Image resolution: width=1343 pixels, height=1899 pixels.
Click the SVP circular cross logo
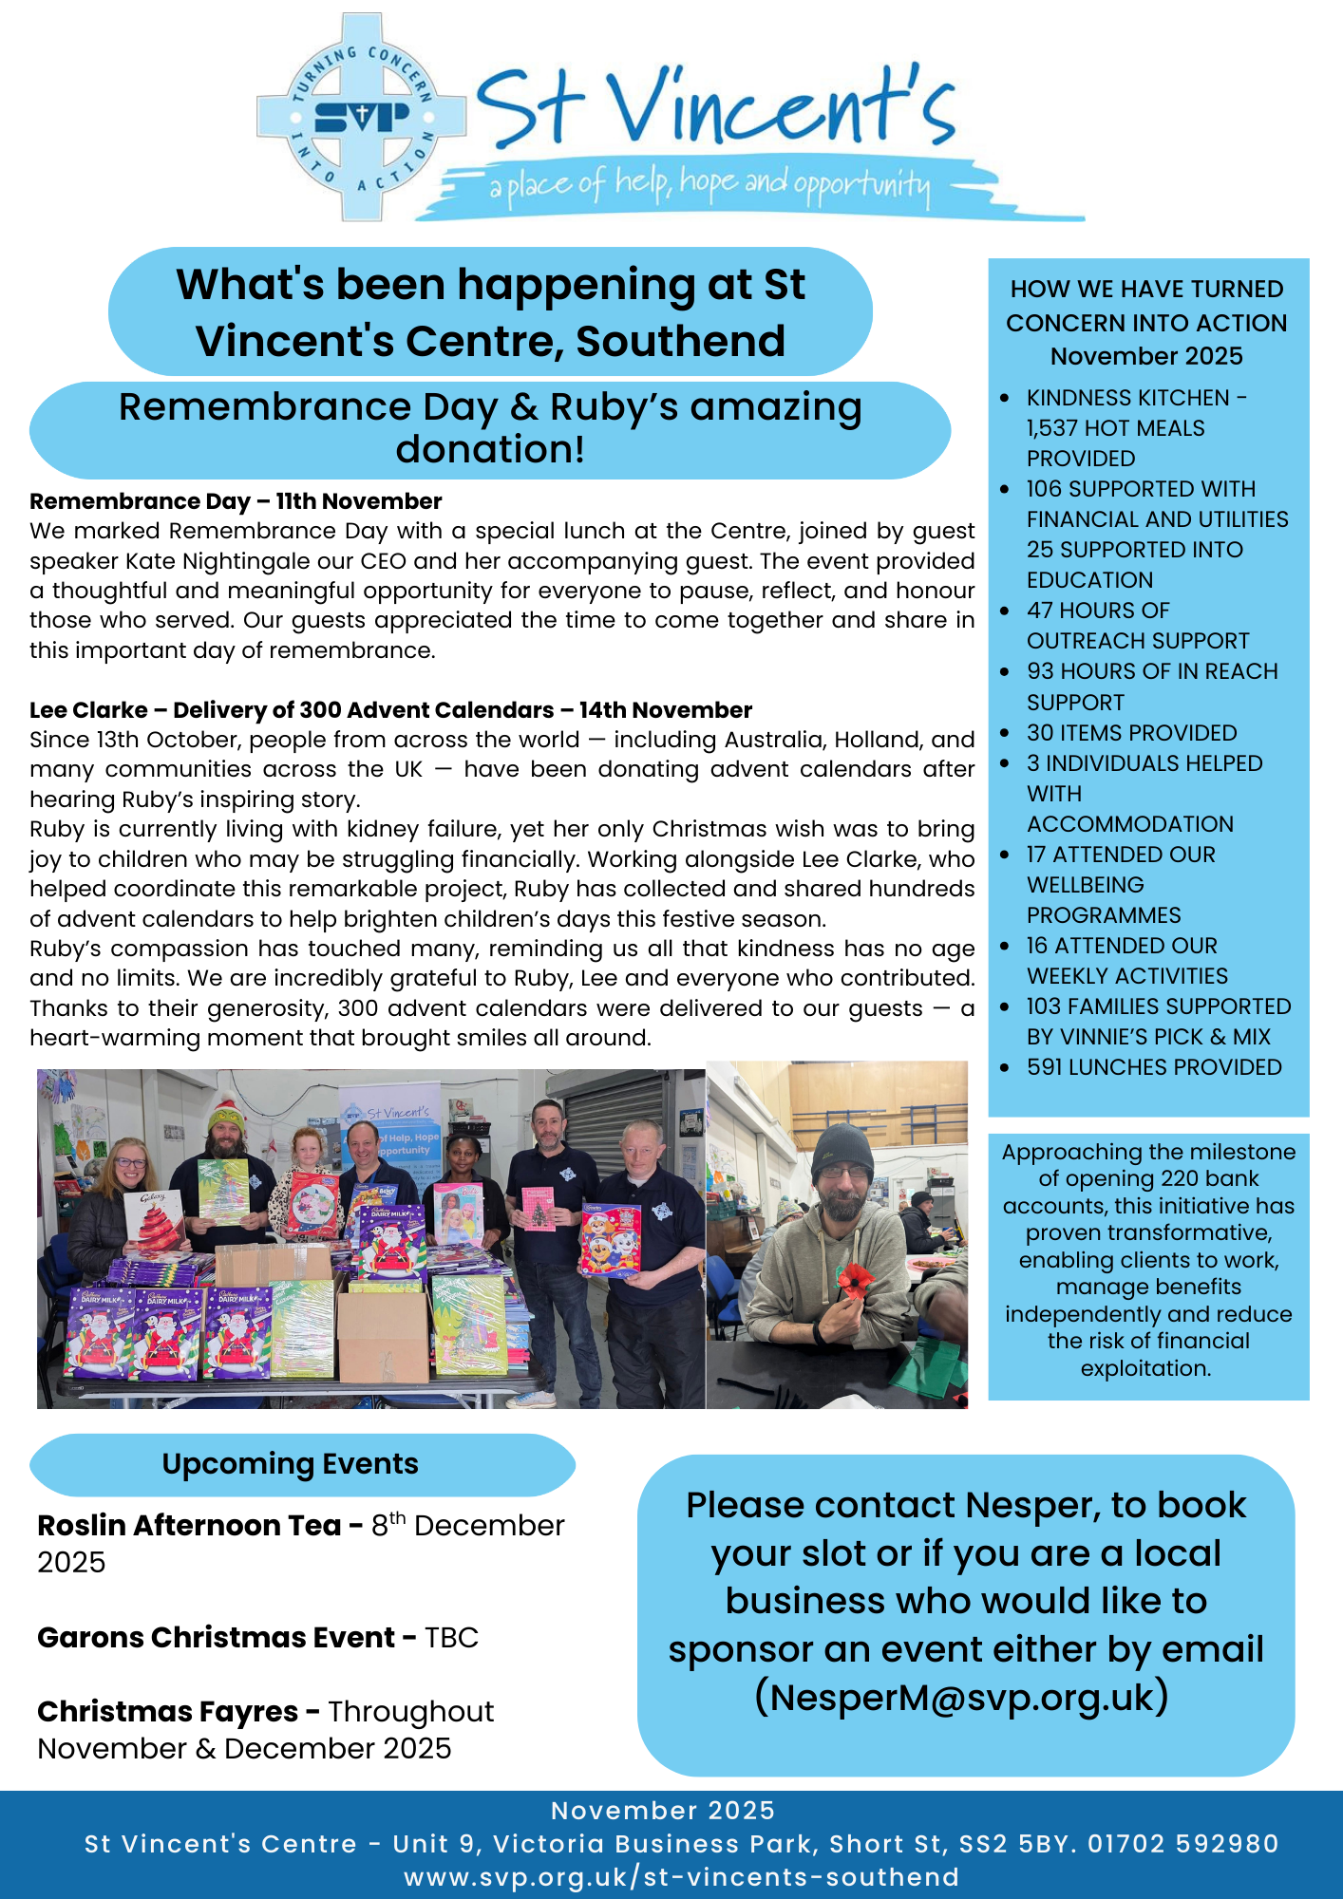pos(362,117)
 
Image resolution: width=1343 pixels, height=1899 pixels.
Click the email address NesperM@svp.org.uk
pos(961,1697)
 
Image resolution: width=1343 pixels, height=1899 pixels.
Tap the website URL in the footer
pos(681,1877)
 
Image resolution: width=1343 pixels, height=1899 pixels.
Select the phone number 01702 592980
pos(1182,1844)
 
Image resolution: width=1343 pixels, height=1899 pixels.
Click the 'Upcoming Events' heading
pos(290,1464)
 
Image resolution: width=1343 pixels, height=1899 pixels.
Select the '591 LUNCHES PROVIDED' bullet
pos(1153,1067)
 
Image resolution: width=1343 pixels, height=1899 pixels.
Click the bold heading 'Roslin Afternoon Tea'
pos(189,1526)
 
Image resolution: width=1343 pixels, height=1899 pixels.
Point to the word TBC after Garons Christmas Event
pos(451,1638)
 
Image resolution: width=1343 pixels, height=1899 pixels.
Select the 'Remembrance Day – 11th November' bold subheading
pos(236,501)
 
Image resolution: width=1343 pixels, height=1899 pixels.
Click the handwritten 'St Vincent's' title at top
pos(714,107)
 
